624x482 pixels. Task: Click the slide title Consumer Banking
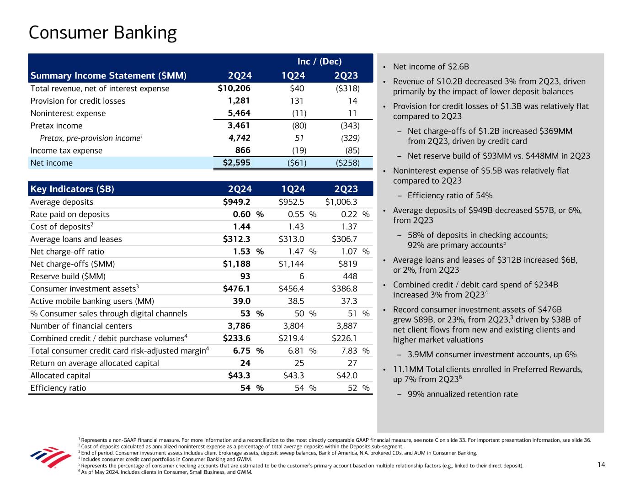(x=102, y=33)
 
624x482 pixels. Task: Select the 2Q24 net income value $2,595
(x=233, y=163)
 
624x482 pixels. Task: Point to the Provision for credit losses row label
(x=78, y=101)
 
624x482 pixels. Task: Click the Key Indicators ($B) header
(x=72, y=189)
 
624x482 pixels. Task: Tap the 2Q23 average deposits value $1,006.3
(x=341, y=202)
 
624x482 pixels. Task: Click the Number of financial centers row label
(x=81, y=326)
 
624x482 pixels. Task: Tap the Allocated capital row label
(x=60, y=376)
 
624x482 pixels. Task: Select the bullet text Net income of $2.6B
(x=431, y=67)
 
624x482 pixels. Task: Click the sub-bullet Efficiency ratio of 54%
(x=450, y=196)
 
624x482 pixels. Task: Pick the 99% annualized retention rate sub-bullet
(x=463, y=394)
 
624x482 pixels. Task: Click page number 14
(x=601, y=465)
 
